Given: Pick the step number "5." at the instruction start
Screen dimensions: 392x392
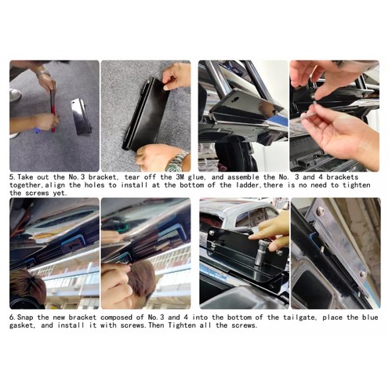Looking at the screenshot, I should pos(13,178).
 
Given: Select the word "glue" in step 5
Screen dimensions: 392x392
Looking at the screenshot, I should pos(213,178).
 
